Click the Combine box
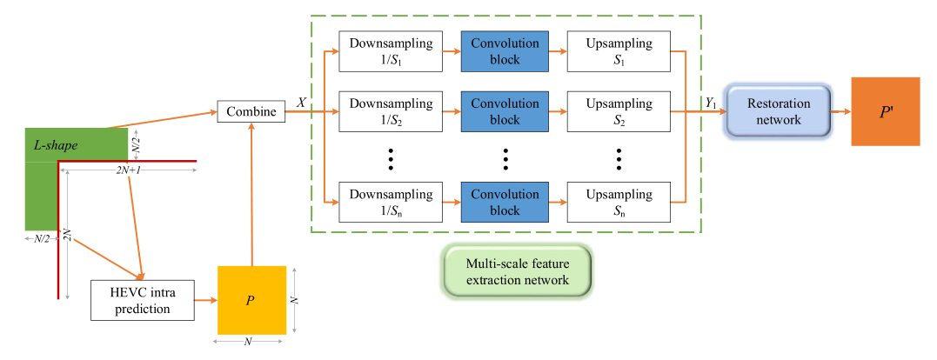(251, 111)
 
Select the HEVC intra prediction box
(143, 300)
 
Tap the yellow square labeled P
(251, 300)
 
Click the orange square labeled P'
(886, 111)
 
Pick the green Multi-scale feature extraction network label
(518, 271)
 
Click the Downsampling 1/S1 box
(391, 52)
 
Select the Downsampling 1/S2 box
(391, 111)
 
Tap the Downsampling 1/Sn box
(391, 202)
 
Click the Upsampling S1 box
(619, 52)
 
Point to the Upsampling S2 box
(619, 111)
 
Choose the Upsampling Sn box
(619, 202)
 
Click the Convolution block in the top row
(505, 52)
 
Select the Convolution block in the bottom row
(505, 202)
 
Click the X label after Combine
(301, 103)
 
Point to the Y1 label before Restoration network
(711, 103)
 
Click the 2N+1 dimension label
(129, 171)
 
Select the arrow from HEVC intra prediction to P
(206, 300)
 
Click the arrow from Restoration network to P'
(841, 111)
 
